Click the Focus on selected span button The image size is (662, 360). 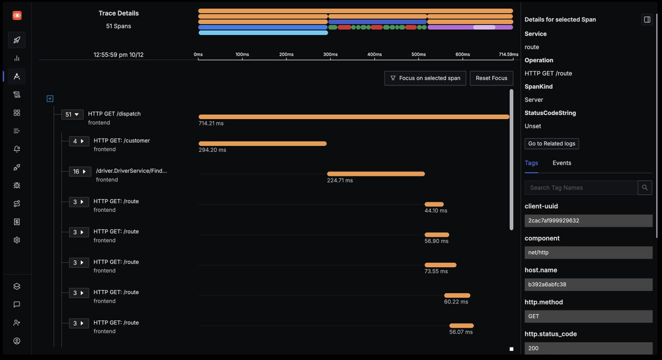425,78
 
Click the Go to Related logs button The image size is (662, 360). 552,143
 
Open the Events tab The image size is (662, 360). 562,163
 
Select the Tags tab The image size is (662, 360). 531,163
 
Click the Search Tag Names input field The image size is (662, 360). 581,188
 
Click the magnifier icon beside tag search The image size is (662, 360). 645,188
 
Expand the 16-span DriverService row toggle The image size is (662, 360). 80,171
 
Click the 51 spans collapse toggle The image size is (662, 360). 72,114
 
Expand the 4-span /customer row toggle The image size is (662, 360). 79,141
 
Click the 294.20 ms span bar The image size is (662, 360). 263,144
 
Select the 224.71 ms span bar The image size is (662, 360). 376,174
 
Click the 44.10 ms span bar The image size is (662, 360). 434,204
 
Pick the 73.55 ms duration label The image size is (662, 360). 436,271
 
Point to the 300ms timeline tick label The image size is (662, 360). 330,54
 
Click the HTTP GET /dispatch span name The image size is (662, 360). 114,114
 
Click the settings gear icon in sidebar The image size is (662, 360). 17,240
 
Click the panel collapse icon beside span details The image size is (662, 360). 647,19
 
